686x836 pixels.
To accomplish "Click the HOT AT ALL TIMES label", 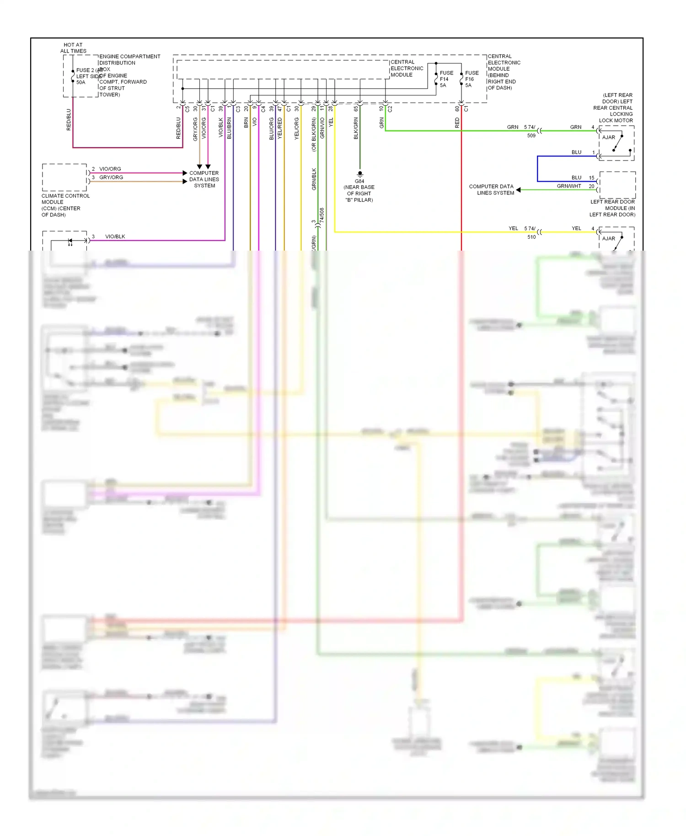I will [73, 48].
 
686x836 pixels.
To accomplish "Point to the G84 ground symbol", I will [360, 174].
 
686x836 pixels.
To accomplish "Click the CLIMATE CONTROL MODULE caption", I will [65, 205].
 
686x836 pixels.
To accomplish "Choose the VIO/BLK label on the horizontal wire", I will [115, 236].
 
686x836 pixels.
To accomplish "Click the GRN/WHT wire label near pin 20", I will [568, 186].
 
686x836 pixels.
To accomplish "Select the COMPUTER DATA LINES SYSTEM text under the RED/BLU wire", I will [204, 179].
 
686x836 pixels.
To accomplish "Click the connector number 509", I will [531, 136].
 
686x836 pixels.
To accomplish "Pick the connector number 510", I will [531, 237].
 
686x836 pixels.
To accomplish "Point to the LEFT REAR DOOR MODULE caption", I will [612, 208].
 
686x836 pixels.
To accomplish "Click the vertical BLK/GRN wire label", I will [356, 128].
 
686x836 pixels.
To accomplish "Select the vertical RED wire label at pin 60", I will [457, 123].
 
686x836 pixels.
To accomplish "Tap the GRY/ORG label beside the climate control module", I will [111, 177].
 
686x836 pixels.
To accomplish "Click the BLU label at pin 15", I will [576, 177].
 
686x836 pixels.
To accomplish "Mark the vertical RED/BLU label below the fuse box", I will [69, 120].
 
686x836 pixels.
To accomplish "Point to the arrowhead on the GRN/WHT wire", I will [519, 190].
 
